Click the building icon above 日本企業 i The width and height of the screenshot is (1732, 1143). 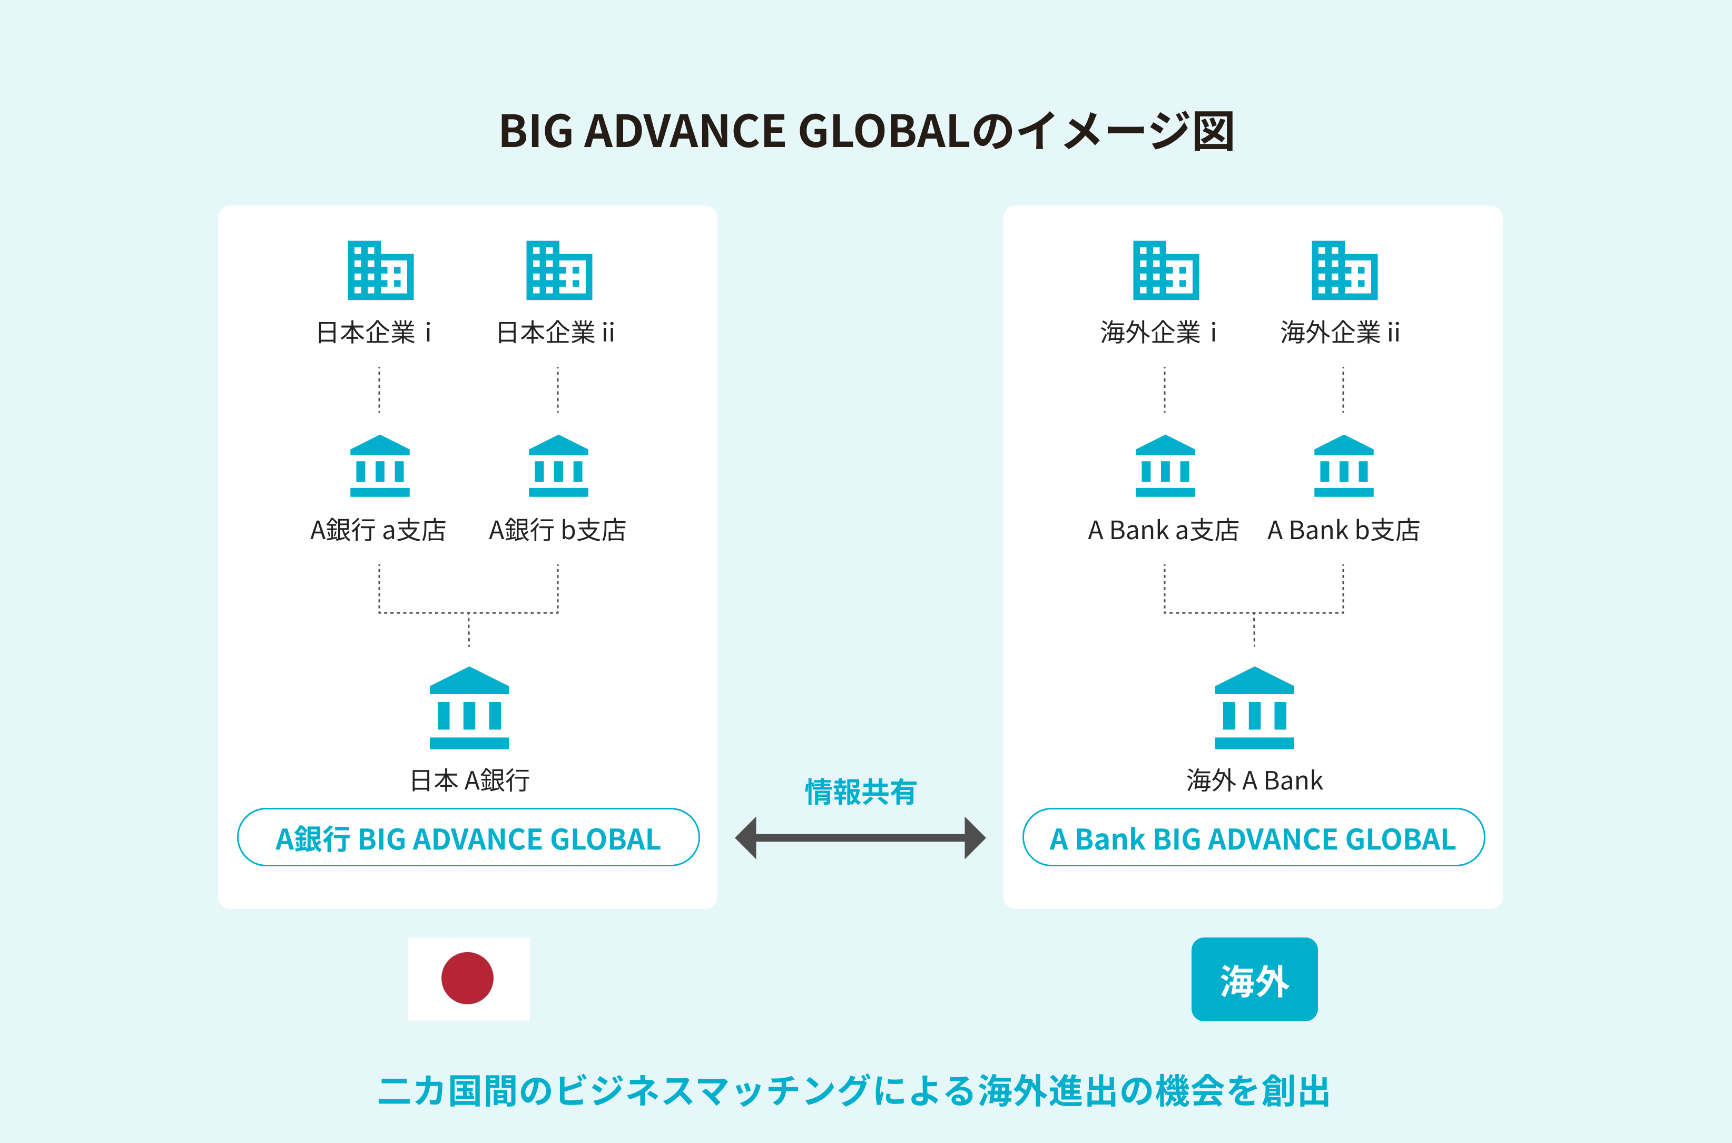point(380,270)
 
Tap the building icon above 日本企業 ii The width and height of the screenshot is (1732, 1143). point(559,270)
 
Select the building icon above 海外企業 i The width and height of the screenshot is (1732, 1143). point(1166,270)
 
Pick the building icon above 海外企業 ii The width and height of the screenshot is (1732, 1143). point(1344,270)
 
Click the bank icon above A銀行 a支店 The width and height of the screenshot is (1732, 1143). point(380,466)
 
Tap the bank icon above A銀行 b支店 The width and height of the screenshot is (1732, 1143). point(558,466)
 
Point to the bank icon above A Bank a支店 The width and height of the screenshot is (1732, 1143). point(1165,466)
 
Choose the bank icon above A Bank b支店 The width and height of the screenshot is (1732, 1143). point(1344,466)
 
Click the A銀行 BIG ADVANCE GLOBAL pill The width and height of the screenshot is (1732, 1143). point(468,837)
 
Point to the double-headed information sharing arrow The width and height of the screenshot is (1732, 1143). point(861,837)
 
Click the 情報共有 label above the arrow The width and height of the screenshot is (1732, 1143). point(861,792)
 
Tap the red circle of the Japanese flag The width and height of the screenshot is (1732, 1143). point(468,978)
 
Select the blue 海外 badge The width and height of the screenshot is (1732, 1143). point(1255,979)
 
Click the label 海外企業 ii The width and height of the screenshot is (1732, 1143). point(1341,333)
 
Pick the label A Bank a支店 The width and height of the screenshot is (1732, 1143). point(1164,530)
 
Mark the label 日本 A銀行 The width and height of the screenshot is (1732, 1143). point(470,780)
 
